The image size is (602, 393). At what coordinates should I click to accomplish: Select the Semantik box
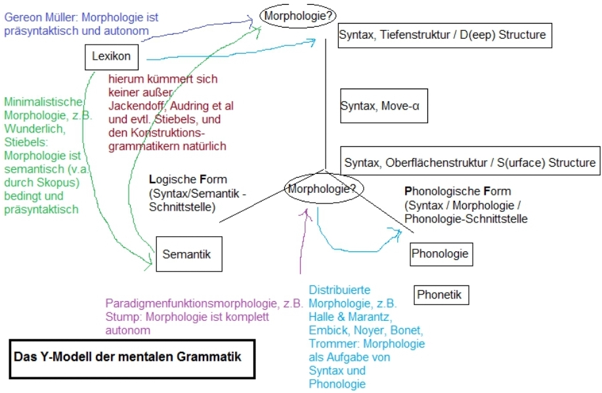[188, 254]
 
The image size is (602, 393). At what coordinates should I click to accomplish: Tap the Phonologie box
[441, 253]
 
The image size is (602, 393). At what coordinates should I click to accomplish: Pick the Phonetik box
[439, 295]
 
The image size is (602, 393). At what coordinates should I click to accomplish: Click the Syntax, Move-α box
[383, 106]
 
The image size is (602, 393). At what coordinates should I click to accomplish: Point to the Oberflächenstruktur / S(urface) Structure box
[470, 161]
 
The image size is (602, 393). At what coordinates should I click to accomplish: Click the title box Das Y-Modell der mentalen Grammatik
[131, 358]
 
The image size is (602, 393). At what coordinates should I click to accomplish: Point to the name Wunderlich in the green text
[30, 128]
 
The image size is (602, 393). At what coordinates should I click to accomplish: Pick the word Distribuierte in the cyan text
[339, 289]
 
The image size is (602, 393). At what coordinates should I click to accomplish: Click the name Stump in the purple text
[120, 317]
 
